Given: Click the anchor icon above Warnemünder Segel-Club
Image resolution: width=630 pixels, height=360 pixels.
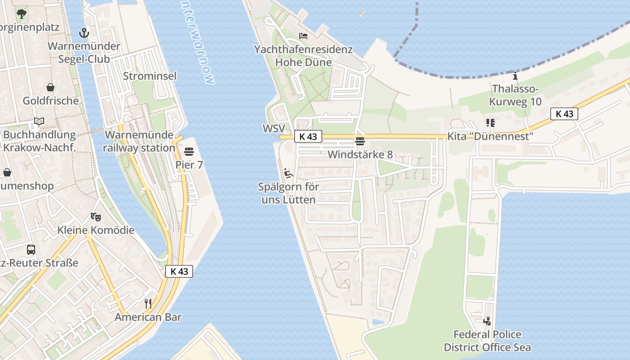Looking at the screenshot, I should pyautogui.click(x=84, y=32).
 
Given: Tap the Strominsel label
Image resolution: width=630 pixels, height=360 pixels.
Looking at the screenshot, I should pyautogui.click(x=149, y=76).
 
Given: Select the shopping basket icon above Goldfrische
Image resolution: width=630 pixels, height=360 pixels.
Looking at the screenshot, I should pyautogui.click(x=50, y=87).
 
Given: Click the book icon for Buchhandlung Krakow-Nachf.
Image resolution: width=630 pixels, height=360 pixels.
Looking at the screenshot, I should pyautogui.click(x=39, y=121).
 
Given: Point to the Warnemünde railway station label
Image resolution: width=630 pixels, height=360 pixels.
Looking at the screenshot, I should pyautogui.click(x=139, y=141).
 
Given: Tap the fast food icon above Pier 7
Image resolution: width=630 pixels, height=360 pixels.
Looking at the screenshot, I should pyautogui.click(x=189, y=151).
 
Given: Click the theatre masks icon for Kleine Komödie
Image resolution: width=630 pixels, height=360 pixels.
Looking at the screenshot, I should pyautogui.click(x=95, y=217).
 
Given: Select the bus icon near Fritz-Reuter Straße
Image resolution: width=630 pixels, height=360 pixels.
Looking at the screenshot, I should pyautogui.click(x=31, y=250).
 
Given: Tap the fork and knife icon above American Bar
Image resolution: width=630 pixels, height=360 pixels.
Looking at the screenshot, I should pyautogui.click(x=148, y=304).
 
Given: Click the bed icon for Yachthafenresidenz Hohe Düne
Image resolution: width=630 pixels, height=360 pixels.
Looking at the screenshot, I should pyautogui.click(x=303, y=36).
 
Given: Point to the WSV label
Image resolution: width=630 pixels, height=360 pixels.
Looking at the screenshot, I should pyautogui.click(x=274, y=129).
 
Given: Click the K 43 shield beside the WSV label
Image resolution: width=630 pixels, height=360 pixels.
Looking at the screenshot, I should pyautogui.click(x=308, y=136).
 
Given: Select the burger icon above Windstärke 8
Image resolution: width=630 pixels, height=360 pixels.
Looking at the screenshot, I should pyautogui.click(x=360, y=141).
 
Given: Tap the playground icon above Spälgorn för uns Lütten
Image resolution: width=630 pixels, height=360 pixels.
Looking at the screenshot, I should pyautogui.click(x=288, y=173).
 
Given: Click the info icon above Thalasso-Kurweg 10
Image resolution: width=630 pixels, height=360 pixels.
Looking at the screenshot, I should pyautogui.click(x=515, y=75).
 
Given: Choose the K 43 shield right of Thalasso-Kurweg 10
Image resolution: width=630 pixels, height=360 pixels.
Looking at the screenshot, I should pyautogui.click(x=564, y=114).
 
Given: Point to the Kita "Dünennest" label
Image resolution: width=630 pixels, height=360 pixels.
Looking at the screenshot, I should pyautogui.click(x=490, y=136).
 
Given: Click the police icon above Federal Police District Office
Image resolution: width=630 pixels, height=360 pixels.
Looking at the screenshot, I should pyautogui.click(x=487, y=321).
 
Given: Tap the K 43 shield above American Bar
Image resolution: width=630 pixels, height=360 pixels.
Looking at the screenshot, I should pyautogui.click(x=179, y=271).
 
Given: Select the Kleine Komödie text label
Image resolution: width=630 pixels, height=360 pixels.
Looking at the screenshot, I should pyautogui.click(x=96, y=230).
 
